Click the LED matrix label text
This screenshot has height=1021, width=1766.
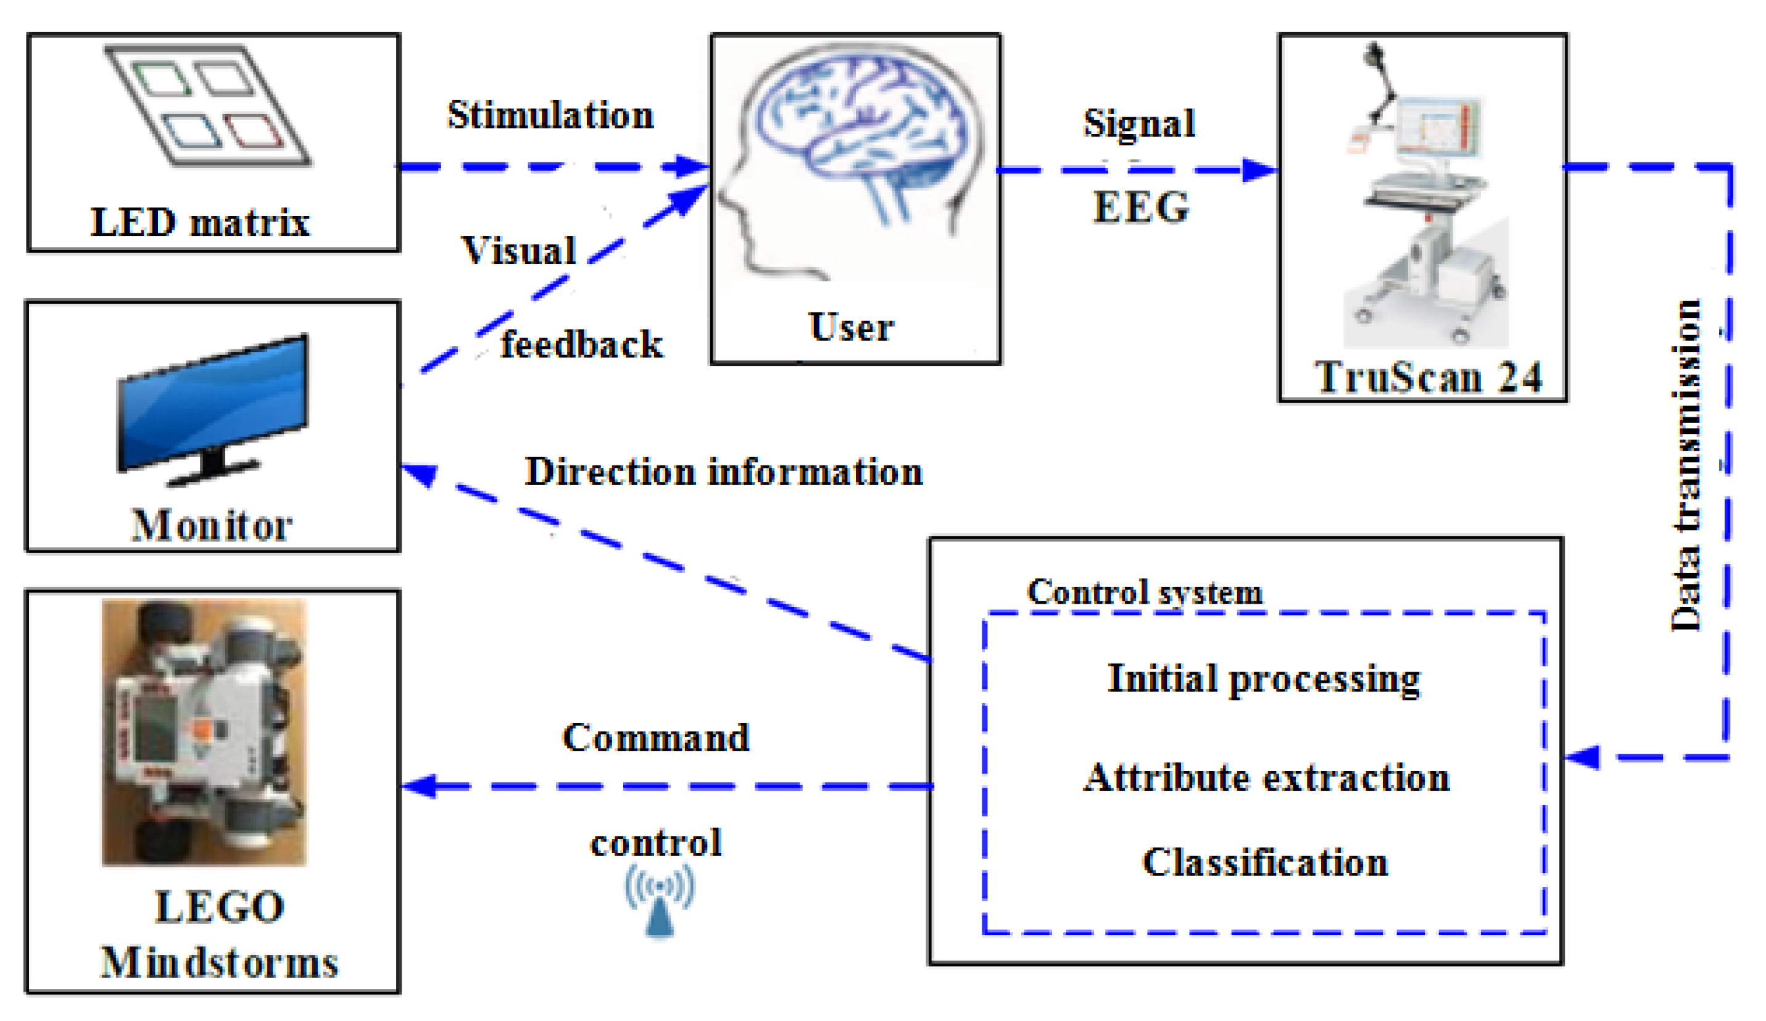(x=201, y=222)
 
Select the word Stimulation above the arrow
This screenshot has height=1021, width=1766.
(x=551, y=115)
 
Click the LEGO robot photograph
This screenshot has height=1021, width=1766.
(x=204, y=732)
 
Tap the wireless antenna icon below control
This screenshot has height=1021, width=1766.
(x=660, y=902)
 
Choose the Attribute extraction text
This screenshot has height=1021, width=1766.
(x=1266, y=778)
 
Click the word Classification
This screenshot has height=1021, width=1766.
(x=1265, y=862)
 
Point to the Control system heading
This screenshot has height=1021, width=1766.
(x=1145, y=593)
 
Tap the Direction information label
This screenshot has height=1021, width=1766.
(x=724, y=471)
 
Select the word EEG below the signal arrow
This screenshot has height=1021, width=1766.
(x=1141, y=207)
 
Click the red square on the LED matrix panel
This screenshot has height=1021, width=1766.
(x=254, y=131)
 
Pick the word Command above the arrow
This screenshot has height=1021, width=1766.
(x=656, y=738)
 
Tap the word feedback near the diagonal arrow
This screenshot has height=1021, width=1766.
(x=582, y=345)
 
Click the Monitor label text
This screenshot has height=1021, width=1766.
(x=212, y=525)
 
